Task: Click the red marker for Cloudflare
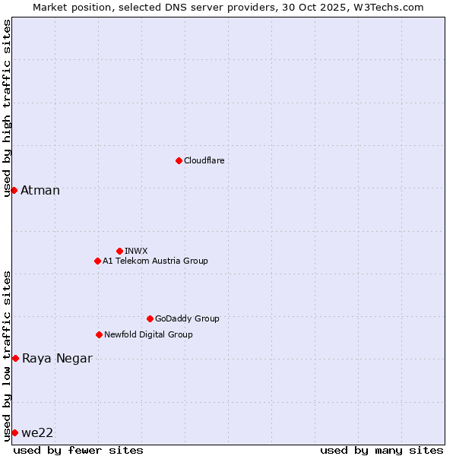179,160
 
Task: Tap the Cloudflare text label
204,160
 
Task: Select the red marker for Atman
14,190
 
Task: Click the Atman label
40,190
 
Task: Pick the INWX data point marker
119,251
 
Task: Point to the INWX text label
136,251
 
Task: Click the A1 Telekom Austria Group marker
97,261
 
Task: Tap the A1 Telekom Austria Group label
155,261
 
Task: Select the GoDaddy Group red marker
150,318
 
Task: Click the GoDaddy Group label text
187,318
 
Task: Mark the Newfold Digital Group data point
99,334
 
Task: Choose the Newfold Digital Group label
148,334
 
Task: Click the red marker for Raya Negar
15,358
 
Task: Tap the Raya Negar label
57,359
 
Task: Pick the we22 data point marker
14,432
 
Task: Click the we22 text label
37,432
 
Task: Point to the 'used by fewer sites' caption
78,450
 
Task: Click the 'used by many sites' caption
382,450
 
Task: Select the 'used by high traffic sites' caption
7,108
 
